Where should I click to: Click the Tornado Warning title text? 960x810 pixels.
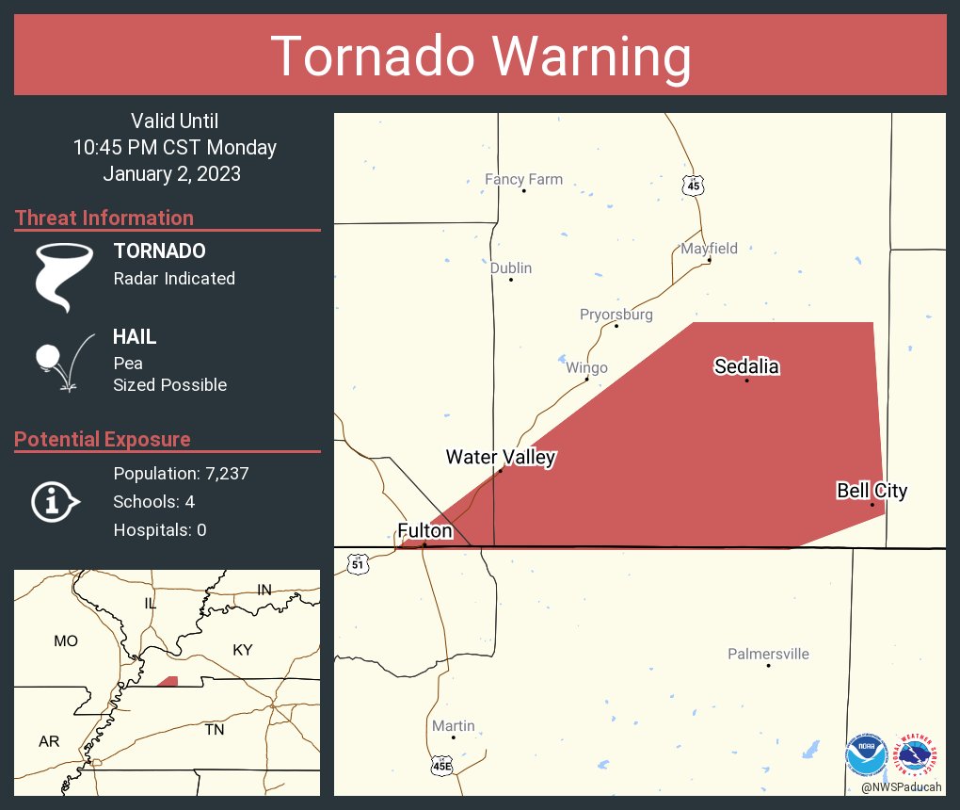(x=481, y=57)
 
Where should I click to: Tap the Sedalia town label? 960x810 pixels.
(x=746, y=366)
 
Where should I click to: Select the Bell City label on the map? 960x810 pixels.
(x=872, y=491)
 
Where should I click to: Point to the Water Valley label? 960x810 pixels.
(x=501, y=458)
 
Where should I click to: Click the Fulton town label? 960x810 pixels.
(x=425, y=531)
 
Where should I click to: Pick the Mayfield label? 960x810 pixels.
(x=710, y=249)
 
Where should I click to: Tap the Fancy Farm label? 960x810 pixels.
(x=523, y=179)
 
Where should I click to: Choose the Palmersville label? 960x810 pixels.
(x=768, y=654)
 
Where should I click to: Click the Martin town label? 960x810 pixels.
(x=453, y=726)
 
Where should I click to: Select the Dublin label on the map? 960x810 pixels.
(x=511, y=268)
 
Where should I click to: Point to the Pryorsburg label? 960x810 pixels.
(x=616, y=315)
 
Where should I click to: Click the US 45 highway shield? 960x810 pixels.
(x=694, y=186)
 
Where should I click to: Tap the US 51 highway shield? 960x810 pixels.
(x=357, y=564)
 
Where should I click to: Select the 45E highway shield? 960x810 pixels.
(x=442, y=765)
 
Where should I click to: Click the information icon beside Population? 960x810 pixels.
(x=55, y=501)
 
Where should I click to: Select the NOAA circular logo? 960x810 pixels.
(x=866, y=756)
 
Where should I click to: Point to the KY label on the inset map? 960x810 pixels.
(x=243, y=650)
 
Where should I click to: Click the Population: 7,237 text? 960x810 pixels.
(x=181, y=474)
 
